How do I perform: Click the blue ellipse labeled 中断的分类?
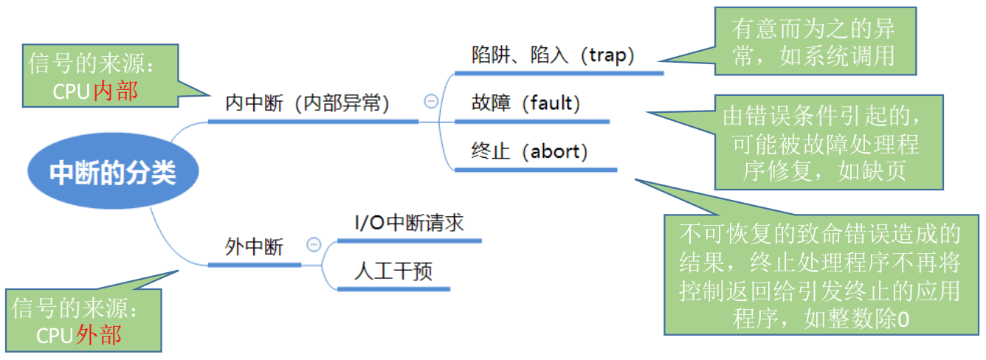click(113, 173)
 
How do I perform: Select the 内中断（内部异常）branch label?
click(307, 103)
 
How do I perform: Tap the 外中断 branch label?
click(254, 247)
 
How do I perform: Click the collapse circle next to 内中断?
click(431, 102)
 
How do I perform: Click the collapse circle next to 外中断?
click(314, 245)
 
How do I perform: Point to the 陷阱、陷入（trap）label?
click(553, 55)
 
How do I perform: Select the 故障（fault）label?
click(525, 103)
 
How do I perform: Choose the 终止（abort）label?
click(529, 152)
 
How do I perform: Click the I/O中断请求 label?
click(409, 222)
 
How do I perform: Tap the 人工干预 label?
click(393, 271)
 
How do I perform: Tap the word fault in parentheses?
click(552, 103)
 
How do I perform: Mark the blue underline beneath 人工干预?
click(393, 289)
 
